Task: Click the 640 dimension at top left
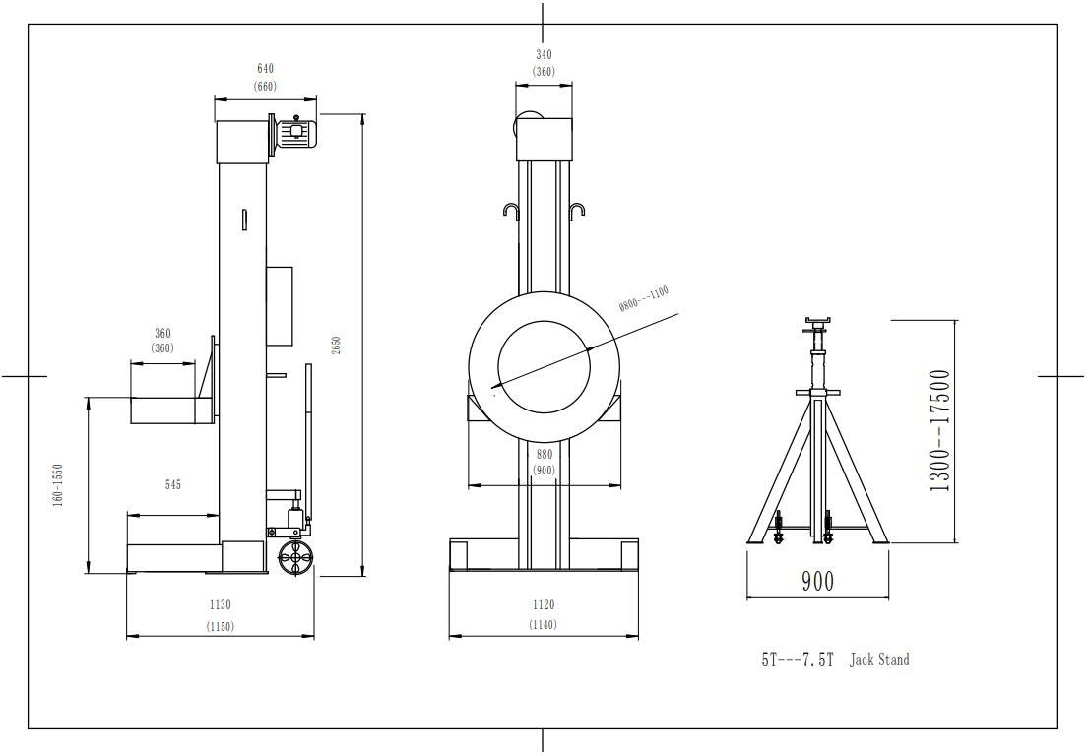(x=265, y=69)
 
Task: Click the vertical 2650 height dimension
(x=337, y=345)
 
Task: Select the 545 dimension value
(x=172, y=484)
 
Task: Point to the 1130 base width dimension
(x=220, y=605)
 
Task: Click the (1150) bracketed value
(x=220, y=626)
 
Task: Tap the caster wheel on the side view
(x=294, y=558)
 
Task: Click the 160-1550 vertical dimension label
(x=58, y=484)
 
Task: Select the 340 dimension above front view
(x=544, y=55)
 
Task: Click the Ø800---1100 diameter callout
(x=644, y=298)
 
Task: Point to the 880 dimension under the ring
(x=544, y=455)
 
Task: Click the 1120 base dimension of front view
(x=543, y=605)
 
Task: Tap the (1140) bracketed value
(x=543, y=625)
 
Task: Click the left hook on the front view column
(x=510, y=211)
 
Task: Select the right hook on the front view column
(x=579, y=211)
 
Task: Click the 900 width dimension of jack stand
(x=816, y=581)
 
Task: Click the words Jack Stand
(x=879, y=660)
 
